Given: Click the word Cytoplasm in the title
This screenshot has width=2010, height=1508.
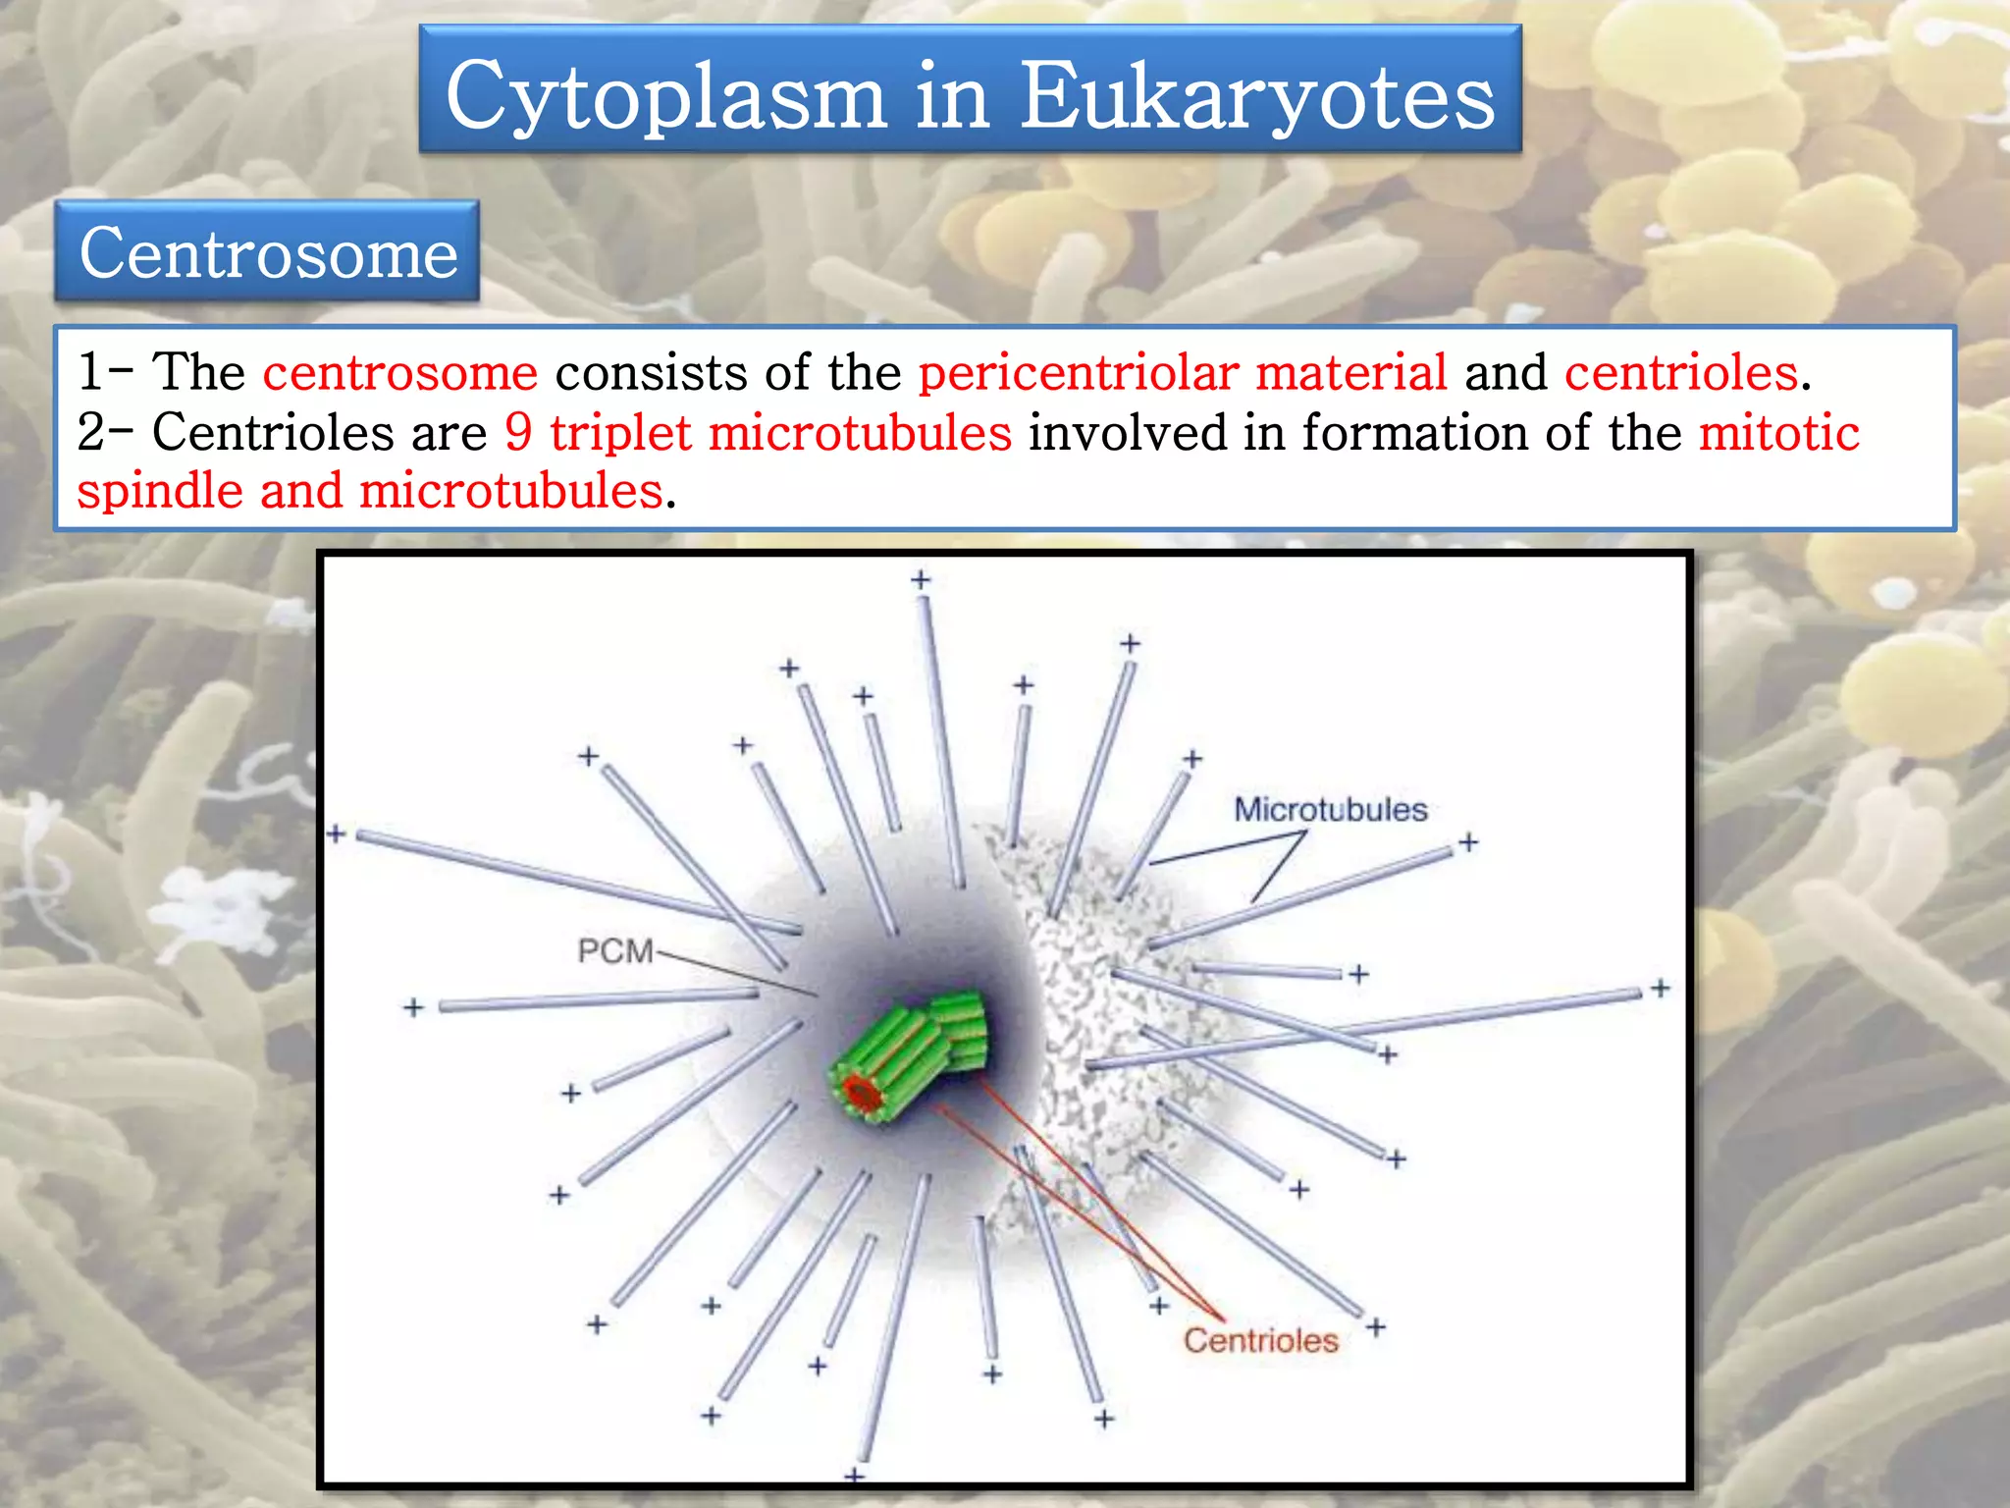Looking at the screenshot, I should pyautogui.click(x=665, y=96).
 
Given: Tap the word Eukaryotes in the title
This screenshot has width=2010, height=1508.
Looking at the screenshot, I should pyautogui.click(x=1257, y=96).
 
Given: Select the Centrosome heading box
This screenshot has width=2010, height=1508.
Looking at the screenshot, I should pyautogui.click(x=267, y=252).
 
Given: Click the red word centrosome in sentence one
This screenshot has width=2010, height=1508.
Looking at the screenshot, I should pyautogui.click(x=400, y=373).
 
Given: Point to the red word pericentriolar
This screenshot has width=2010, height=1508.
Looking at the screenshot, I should pyautogui.click(x=1079, y=373).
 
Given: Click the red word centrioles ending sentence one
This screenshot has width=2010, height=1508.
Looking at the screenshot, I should pyautogui.click(x=1680, y=373).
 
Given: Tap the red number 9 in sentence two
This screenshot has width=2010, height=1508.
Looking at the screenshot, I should pyautogui.click(x=518, y=432).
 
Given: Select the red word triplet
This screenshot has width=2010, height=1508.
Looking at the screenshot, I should pyautogui.click(x=620, y=432).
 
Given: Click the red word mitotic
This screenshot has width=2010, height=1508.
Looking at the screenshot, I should pyautogui.click(x=1778, y=432).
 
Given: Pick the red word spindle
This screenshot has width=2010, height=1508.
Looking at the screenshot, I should pyautogui.click(x=160, y=490).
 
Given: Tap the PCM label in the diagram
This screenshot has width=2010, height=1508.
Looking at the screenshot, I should pyautogui.click(x=614, y=950).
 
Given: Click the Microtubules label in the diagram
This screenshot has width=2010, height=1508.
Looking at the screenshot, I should pyautogui.click(x=1330, y=810).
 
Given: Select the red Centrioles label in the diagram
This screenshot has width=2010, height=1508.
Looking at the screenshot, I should pyautogui.click(x=1260, y=1341).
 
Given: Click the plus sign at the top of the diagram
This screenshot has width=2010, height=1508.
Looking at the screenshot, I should pyautogui.click(x=921, y=580).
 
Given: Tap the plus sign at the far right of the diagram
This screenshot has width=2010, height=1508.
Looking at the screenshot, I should pyautogui.click(x=1660, y=988).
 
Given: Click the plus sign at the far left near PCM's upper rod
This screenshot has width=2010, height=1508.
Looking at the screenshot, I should pyautogui.click(x=337, y=835).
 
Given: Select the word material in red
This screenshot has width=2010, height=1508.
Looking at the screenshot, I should pyautogui.click(x=1350, y=373).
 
